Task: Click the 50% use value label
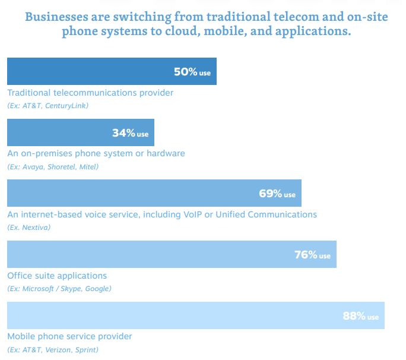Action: tap(192, 72)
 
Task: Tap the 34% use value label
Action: tap(130, 133)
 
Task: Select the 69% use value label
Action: tap(277, 194)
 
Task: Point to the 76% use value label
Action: tap(312, 255)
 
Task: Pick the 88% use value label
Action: tap(360, 316)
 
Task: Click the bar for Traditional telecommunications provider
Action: tap(89, 71)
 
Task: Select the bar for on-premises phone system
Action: tap(59, 132)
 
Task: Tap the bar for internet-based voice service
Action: tap(131, 194)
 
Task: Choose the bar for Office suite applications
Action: tap(148, 254)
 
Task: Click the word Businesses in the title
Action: tap(58, 16)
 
